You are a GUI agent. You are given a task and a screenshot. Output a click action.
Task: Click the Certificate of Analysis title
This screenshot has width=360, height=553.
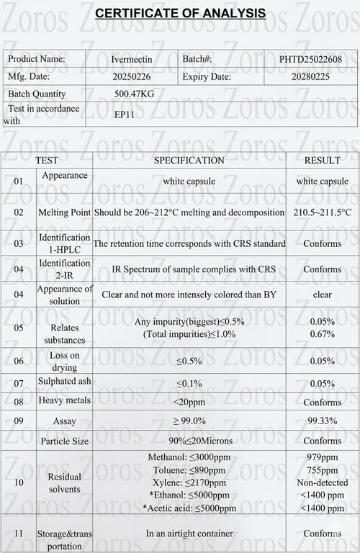(180, 13)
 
